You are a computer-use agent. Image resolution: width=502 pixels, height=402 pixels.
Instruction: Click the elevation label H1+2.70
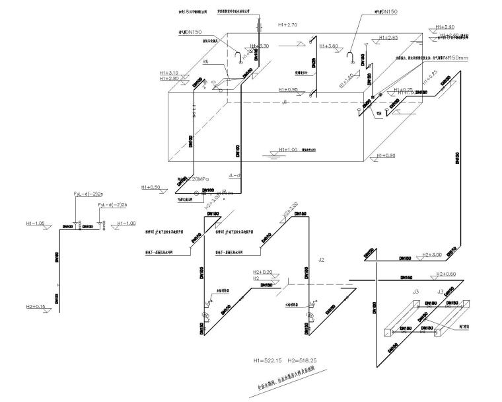click(288, 24)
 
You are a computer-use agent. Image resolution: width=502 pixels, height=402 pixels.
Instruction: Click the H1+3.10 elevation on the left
click(169, 72)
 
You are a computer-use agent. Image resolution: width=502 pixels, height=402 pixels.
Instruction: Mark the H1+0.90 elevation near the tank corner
click(386, 155)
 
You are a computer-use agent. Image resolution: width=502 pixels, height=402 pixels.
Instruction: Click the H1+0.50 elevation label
click(151, 187)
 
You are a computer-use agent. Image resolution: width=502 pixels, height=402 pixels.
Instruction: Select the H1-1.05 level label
click(32, 223)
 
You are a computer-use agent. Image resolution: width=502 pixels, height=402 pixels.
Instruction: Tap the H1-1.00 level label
click(126, 223)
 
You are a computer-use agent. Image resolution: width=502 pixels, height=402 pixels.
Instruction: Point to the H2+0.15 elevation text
click(35, 306)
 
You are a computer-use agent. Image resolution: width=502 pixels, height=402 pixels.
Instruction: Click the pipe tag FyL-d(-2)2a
click(89, 194)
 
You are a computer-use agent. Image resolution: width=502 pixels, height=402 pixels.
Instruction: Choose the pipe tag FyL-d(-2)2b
click(112, 206)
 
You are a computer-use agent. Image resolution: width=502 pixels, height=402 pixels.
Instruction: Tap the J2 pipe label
click(321, 260)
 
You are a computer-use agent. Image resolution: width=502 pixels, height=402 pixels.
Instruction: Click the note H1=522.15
click(269, 361)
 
